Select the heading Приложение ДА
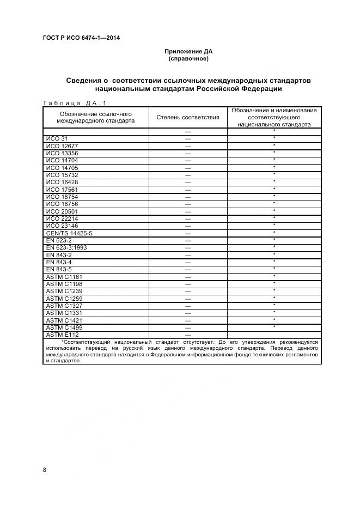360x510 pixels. pyautogui.click(x=188, y=51)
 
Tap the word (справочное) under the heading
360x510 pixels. pyautogui.click(x=188, y=58)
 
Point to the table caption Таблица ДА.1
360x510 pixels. pyautogui.click(x=75, y=102)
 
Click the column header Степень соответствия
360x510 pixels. pyautogui.click(x=188, y=117)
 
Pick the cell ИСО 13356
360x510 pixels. pyautogui.click(x=62, y=154)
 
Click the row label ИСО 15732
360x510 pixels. pyautogui.click(x=62, y=175)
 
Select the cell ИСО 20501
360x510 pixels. pyautogui.click(x=62, y=211)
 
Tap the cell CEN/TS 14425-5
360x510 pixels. pyautogui.click(x=69, y=233)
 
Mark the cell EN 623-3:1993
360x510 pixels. pyautogui.click(x=67, y=248)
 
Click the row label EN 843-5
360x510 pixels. pyautogui.click(x=59, y=269)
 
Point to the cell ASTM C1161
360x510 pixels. pyautogui.click(x=64, y=277)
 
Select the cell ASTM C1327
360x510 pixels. pyautogui.click(x=64, y=306)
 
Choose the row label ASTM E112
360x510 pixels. pyautogui.click(x=63, y=335)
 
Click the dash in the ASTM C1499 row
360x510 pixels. pyautogui.click(x=188, y=327)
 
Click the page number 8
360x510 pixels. pyautogui.click(x=44, y=469)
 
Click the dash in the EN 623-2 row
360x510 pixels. pyautogui.click(x=188, y=240)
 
